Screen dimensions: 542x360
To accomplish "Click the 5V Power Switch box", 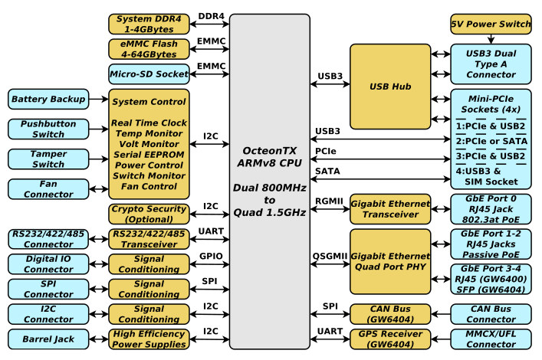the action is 491,25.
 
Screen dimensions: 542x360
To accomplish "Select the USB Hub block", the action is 390,87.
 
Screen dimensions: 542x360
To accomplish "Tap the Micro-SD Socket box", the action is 149,74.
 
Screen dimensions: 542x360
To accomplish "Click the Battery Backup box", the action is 48,99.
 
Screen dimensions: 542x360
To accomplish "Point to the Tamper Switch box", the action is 48,159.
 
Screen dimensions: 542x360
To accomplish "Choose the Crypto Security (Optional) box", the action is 149,214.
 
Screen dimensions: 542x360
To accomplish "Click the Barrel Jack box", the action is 48,339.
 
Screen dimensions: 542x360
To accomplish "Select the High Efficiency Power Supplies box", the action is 149,339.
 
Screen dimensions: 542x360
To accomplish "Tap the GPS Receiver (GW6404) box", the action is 390,339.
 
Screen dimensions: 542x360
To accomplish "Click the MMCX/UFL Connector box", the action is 491,339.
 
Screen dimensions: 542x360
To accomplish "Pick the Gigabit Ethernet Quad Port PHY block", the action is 390,261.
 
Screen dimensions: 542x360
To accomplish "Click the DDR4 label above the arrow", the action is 211,16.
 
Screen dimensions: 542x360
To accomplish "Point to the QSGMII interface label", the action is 330,256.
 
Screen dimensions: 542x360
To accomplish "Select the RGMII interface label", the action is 329,201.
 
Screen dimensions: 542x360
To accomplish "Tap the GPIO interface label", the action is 211,256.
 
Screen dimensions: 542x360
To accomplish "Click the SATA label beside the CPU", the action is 327,171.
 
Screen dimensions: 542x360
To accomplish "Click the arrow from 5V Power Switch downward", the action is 491,39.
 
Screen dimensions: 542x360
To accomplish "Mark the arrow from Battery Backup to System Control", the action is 99,99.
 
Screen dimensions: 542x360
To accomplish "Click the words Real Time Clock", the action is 149,123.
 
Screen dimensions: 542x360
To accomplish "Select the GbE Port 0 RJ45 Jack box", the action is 491,209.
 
